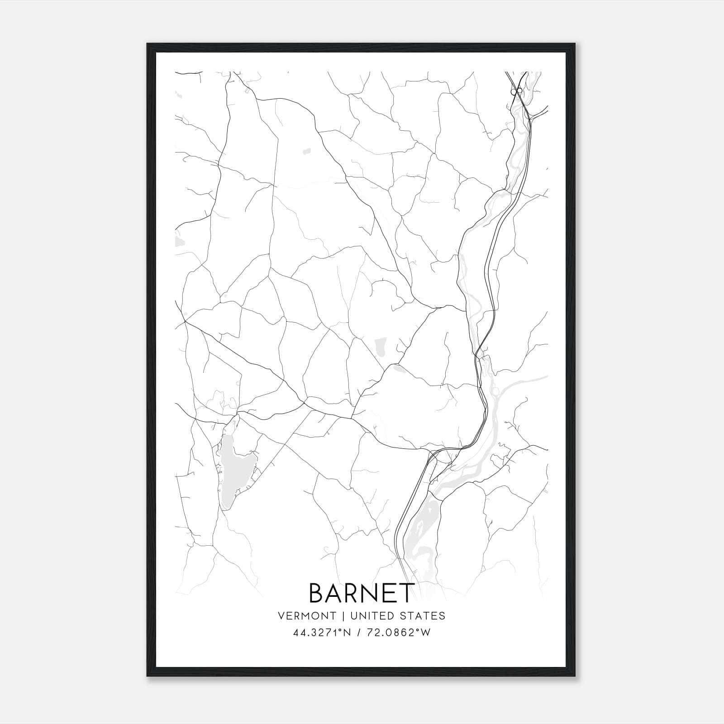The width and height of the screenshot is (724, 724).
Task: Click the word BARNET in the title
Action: click(x=362, y=593)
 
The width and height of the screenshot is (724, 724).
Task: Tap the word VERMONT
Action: click(x=307, y=615)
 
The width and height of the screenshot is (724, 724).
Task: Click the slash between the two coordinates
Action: click(x=360, y=633)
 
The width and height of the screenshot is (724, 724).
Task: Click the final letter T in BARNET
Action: click(x=406, y=593)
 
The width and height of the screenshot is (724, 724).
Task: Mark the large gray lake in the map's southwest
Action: click(x=233, y=471)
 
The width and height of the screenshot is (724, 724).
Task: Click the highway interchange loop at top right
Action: click(x=516, y=92)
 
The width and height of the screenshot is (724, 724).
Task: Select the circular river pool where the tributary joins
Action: click(x=495, y=391)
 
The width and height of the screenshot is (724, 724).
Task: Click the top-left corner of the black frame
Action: click(x=148, y=44)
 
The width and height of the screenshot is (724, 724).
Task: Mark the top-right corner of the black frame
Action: click(x=576, y=44)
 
